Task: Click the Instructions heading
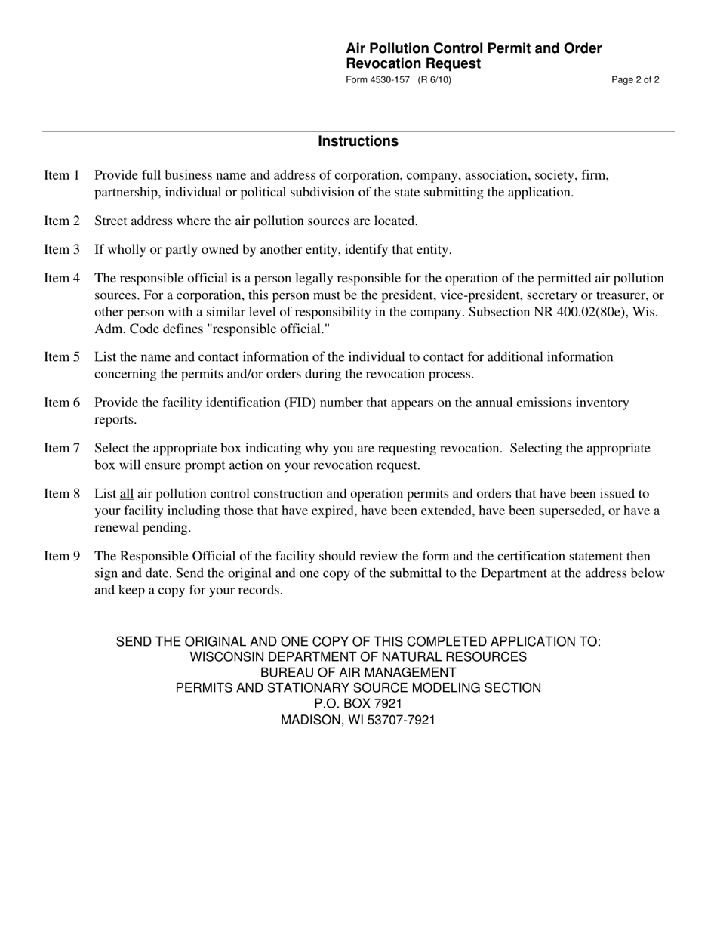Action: click(358, 141)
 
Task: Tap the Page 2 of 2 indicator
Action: click(635, 80)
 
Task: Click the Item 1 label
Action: click(62, 176)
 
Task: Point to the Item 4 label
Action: click(62, 279)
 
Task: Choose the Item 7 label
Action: click(62, 449)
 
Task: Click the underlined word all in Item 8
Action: click(127, 495)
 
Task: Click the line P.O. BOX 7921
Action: click(358, 704)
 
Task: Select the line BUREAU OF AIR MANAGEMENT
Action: click(358, 672)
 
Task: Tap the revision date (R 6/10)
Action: click(435, 80)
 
